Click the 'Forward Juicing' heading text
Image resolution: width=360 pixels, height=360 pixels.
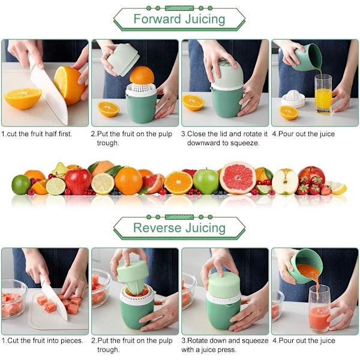(179, 19)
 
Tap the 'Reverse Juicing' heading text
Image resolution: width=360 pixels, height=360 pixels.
(179, 228)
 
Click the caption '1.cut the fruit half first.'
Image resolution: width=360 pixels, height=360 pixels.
(37, 134)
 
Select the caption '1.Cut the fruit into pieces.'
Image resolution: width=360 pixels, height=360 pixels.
(42, 340)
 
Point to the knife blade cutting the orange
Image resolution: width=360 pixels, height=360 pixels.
(49, 92)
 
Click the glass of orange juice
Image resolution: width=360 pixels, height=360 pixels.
(323, 94)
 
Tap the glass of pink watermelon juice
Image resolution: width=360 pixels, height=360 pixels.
(319, 309)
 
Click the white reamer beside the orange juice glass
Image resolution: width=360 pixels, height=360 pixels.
(293, 99)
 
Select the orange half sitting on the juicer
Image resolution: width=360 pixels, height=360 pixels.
(142, 75)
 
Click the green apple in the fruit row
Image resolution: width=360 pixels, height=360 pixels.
(206, 181)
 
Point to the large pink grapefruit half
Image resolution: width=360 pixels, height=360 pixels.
(238, 178)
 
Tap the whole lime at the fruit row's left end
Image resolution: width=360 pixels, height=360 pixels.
(21, 185)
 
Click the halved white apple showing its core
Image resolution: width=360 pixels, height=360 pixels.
(285, 182)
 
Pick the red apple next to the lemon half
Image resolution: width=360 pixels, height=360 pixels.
(78, 181)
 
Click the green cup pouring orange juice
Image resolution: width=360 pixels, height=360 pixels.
(307, 58)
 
